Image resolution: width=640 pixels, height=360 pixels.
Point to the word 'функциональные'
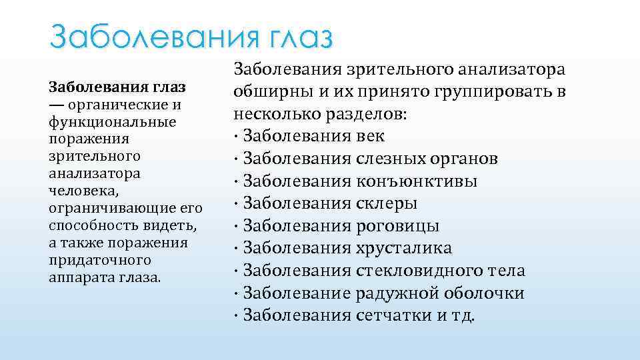click(x=112, y=122)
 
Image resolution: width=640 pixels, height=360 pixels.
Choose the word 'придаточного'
click(x=90, y=260)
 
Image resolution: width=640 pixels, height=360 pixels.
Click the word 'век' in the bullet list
click(x=371, y=137)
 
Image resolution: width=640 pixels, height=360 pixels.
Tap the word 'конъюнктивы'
click(x=417, y=181)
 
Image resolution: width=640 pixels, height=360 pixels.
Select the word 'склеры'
click(x=387, y=204)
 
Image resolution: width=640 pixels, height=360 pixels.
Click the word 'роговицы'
click(x=398, y=226)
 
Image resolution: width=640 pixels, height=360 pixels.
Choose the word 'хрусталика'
click(x=405, y=249)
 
